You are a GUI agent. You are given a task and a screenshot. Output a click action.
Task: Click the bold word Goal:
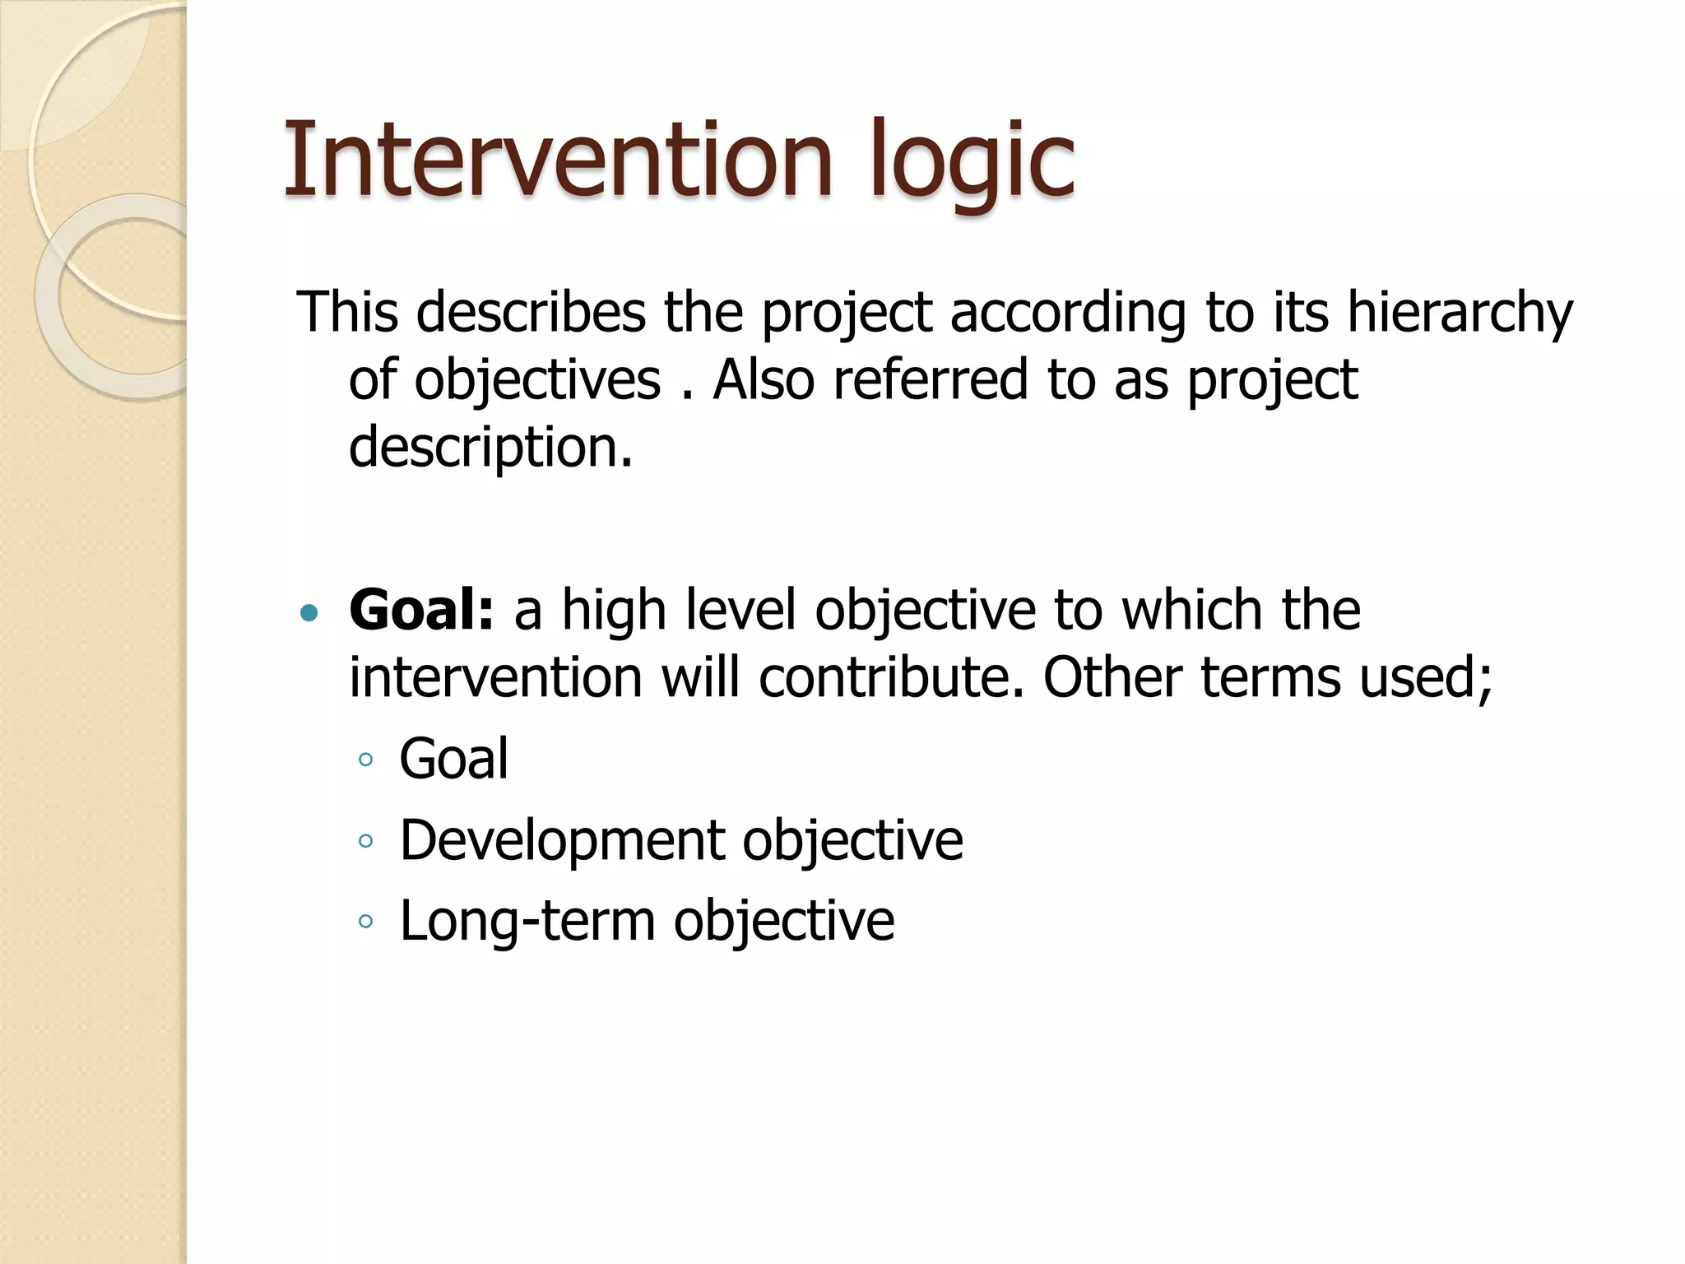tap(421, 610)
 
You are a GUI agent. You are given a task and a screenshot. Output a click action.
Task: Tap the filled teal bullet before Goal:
tap(309, 612)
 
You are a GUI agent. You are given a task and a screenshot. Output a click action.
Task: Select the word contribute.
tap(891, 677)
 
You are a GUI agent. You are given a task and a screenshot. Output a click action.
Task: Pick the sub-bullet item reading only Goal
tap(453, 758)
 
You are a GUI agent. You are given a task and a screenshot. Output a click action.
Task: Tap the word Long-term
tap(527, 920)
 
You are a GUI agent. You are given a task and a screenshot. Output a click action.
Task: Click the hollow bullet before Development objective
tap(366, 842)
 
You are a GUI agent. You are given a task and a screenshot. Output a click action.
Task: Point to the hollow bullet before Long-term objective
tap(366, 922)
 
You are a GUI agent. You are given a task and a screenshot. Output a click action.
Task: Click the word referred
tap(931, 380)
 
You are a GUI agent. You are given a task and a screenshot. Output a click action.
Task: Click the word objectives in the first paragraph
tap(537, 381)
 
